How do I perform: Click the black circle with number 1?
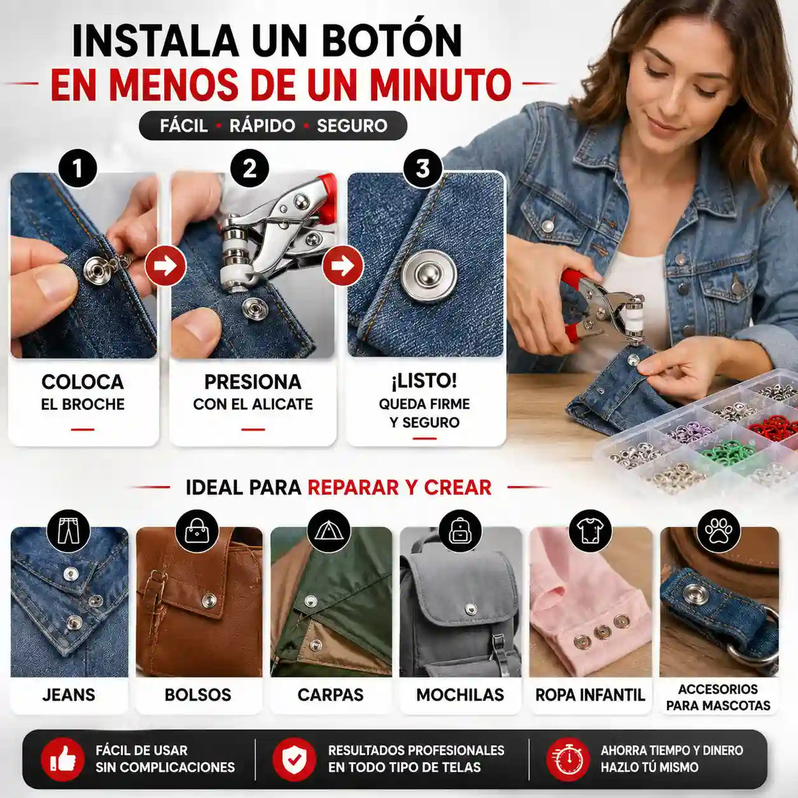pos(77,168)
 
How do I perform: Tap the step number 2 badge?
pos(250,168)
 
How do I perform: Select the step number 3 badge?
pos(423,168)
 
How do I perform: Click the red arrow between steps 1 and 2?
pos(165,266)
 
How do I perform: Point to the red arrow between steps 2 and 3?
pos(343,266)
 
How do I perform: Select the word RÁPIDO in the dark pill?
pos(262,126)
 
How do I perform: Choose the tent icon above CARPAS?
pos(329,531)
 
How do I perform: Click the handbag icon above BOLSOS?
pos(197,531)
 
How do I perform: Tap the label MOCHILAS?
pos(460,696)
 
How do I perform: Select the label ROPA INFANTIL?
pos(590,696)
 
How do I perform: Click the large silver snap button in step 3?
pos(429,275)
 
